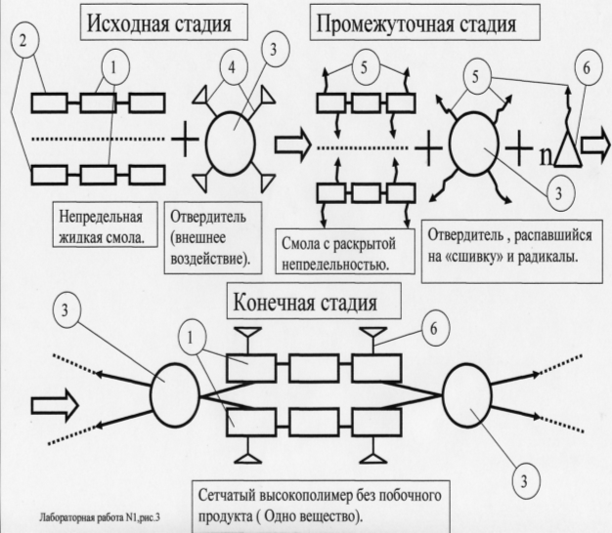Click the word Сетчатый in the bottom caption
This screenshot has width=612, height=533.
[228, 492]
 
